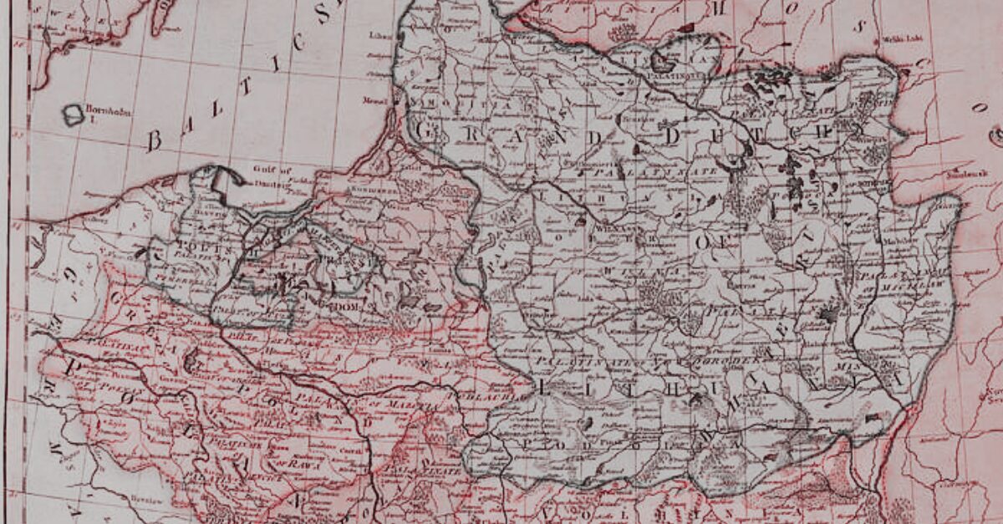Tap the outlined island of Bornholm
[74, 114]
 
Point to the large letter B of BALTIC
[153, 140]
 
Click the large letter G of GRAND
[426, 130]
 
